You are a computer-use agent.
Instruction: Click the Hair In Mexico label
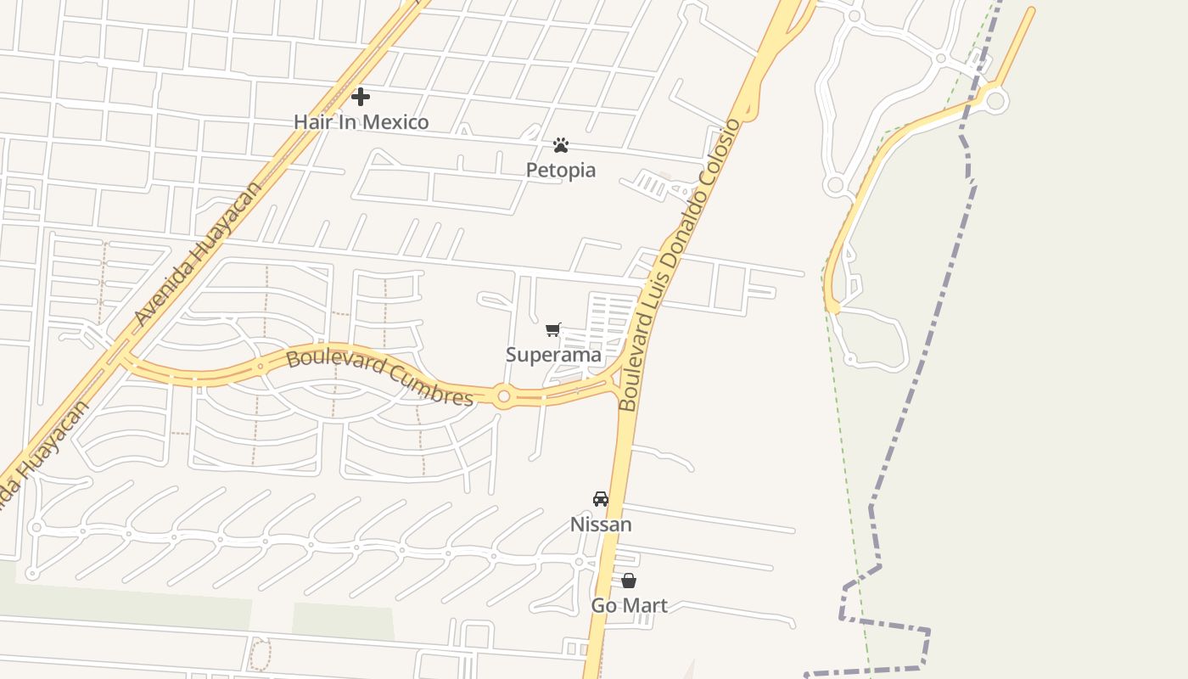point(361,122)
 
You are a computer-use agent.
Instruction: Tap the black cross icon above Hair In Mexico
point(361,97)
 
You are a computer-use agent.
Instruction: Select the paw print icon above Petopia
point(560,145)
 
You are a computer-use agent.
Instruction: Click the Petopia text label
point(560,171)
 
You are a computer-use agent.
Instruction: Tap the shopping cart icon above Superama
point(553,329)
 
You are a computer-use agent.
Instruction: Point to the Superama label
point(553,355)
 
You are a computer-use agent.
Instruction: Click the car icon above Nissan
point(601,499)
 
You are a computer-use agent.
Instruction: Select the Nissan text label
point(601,525)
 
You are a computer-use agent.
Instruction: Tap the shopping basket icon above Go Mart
point(629,581)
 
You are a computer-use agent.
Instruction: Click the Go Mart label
point(629,606)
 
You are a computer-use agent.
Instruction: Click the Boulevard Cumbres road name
point(379,377)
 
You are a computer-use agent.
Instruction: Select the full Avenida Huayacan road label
point(199,255)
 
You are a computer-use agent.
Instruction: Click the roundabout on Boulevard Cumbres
point(503,396)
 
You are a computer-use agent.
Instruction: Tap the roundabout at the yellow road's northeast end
point(995,102)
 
